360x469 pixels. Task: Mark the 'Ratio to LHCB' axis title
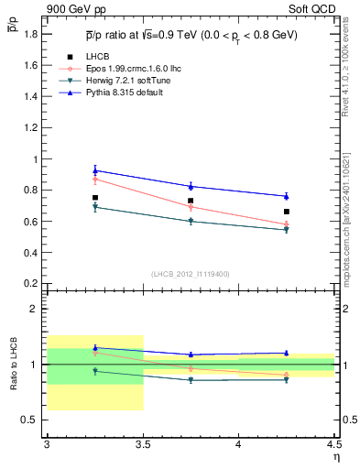(13, 365)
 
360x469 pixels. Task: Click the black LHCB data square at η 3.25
(94, 198)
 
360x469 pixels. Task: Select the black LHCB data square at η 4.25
(287, 212)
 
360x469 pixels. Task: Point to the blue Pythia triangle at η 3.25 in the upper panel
(94, 169)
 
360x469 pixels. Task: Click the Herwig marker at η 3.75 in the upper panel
(191, 221)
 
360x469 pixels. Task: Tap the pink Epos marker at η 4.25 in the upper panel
(287, 224)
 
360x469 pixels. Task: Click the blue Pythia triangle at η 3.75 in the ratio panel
(191, 354)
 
